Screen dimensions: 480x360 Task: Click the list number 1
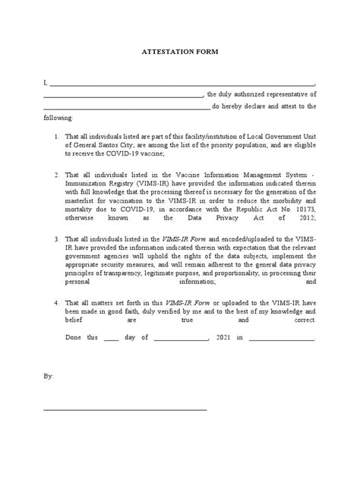point(58,136)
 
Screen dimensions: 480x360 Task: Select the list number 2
point(58,175)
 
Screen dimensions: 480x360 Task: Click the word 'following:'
point(58,117)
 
